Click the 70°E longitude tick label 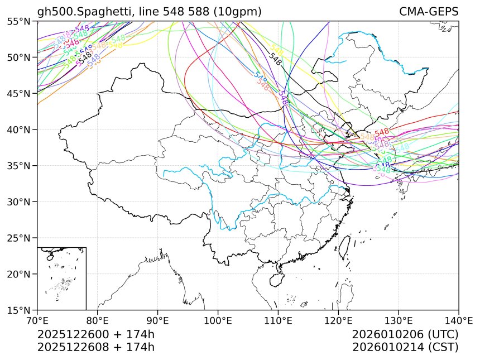tap(37, 320)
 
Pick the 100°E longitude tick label tap(218, 320)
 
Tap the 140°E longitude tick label tap(458, 320)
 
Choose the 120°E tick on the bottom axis tap(338, 320)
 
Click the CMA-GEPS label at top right tap(429, 12)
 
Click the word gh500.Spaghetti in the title tap(85, 12)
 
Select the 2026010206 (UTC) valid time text tap(405, 335)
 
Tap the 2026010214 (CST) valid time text tap(405, 347)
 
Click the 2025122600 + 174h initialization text tap(95, 335)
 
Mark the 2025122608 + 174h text tap(95, 347)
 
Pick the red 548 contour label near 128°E tap(382, 132)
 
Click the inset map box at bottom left tap(61, 278)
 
